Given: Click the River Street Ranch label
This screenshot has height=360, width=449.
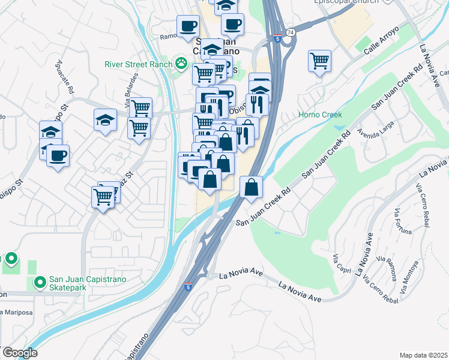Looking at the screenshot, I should pos(138,64).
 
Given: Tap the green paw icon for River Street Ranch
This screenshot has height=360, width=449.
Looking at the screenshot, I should pos(180,62).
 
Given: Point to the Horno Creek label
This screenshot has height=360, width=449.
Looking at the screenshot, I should pos(320,115).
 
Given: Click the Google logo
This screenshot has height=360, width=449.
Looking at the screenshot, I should pos(20,352).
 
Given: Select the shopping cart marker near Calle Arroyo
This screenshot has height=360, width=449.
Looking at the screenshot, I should pos(320,61).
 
